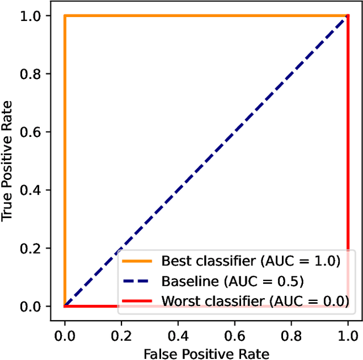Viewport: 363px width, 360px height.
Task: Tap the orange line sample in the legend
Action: click(137, 261)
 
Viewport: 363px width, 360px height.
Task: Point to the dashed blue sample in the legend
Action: click(137, 281)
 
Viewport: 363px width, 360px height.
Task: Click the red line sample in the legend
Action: click(137, 300)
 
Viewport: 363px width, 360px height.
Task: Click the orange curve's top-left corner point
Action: click(65, 16)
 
